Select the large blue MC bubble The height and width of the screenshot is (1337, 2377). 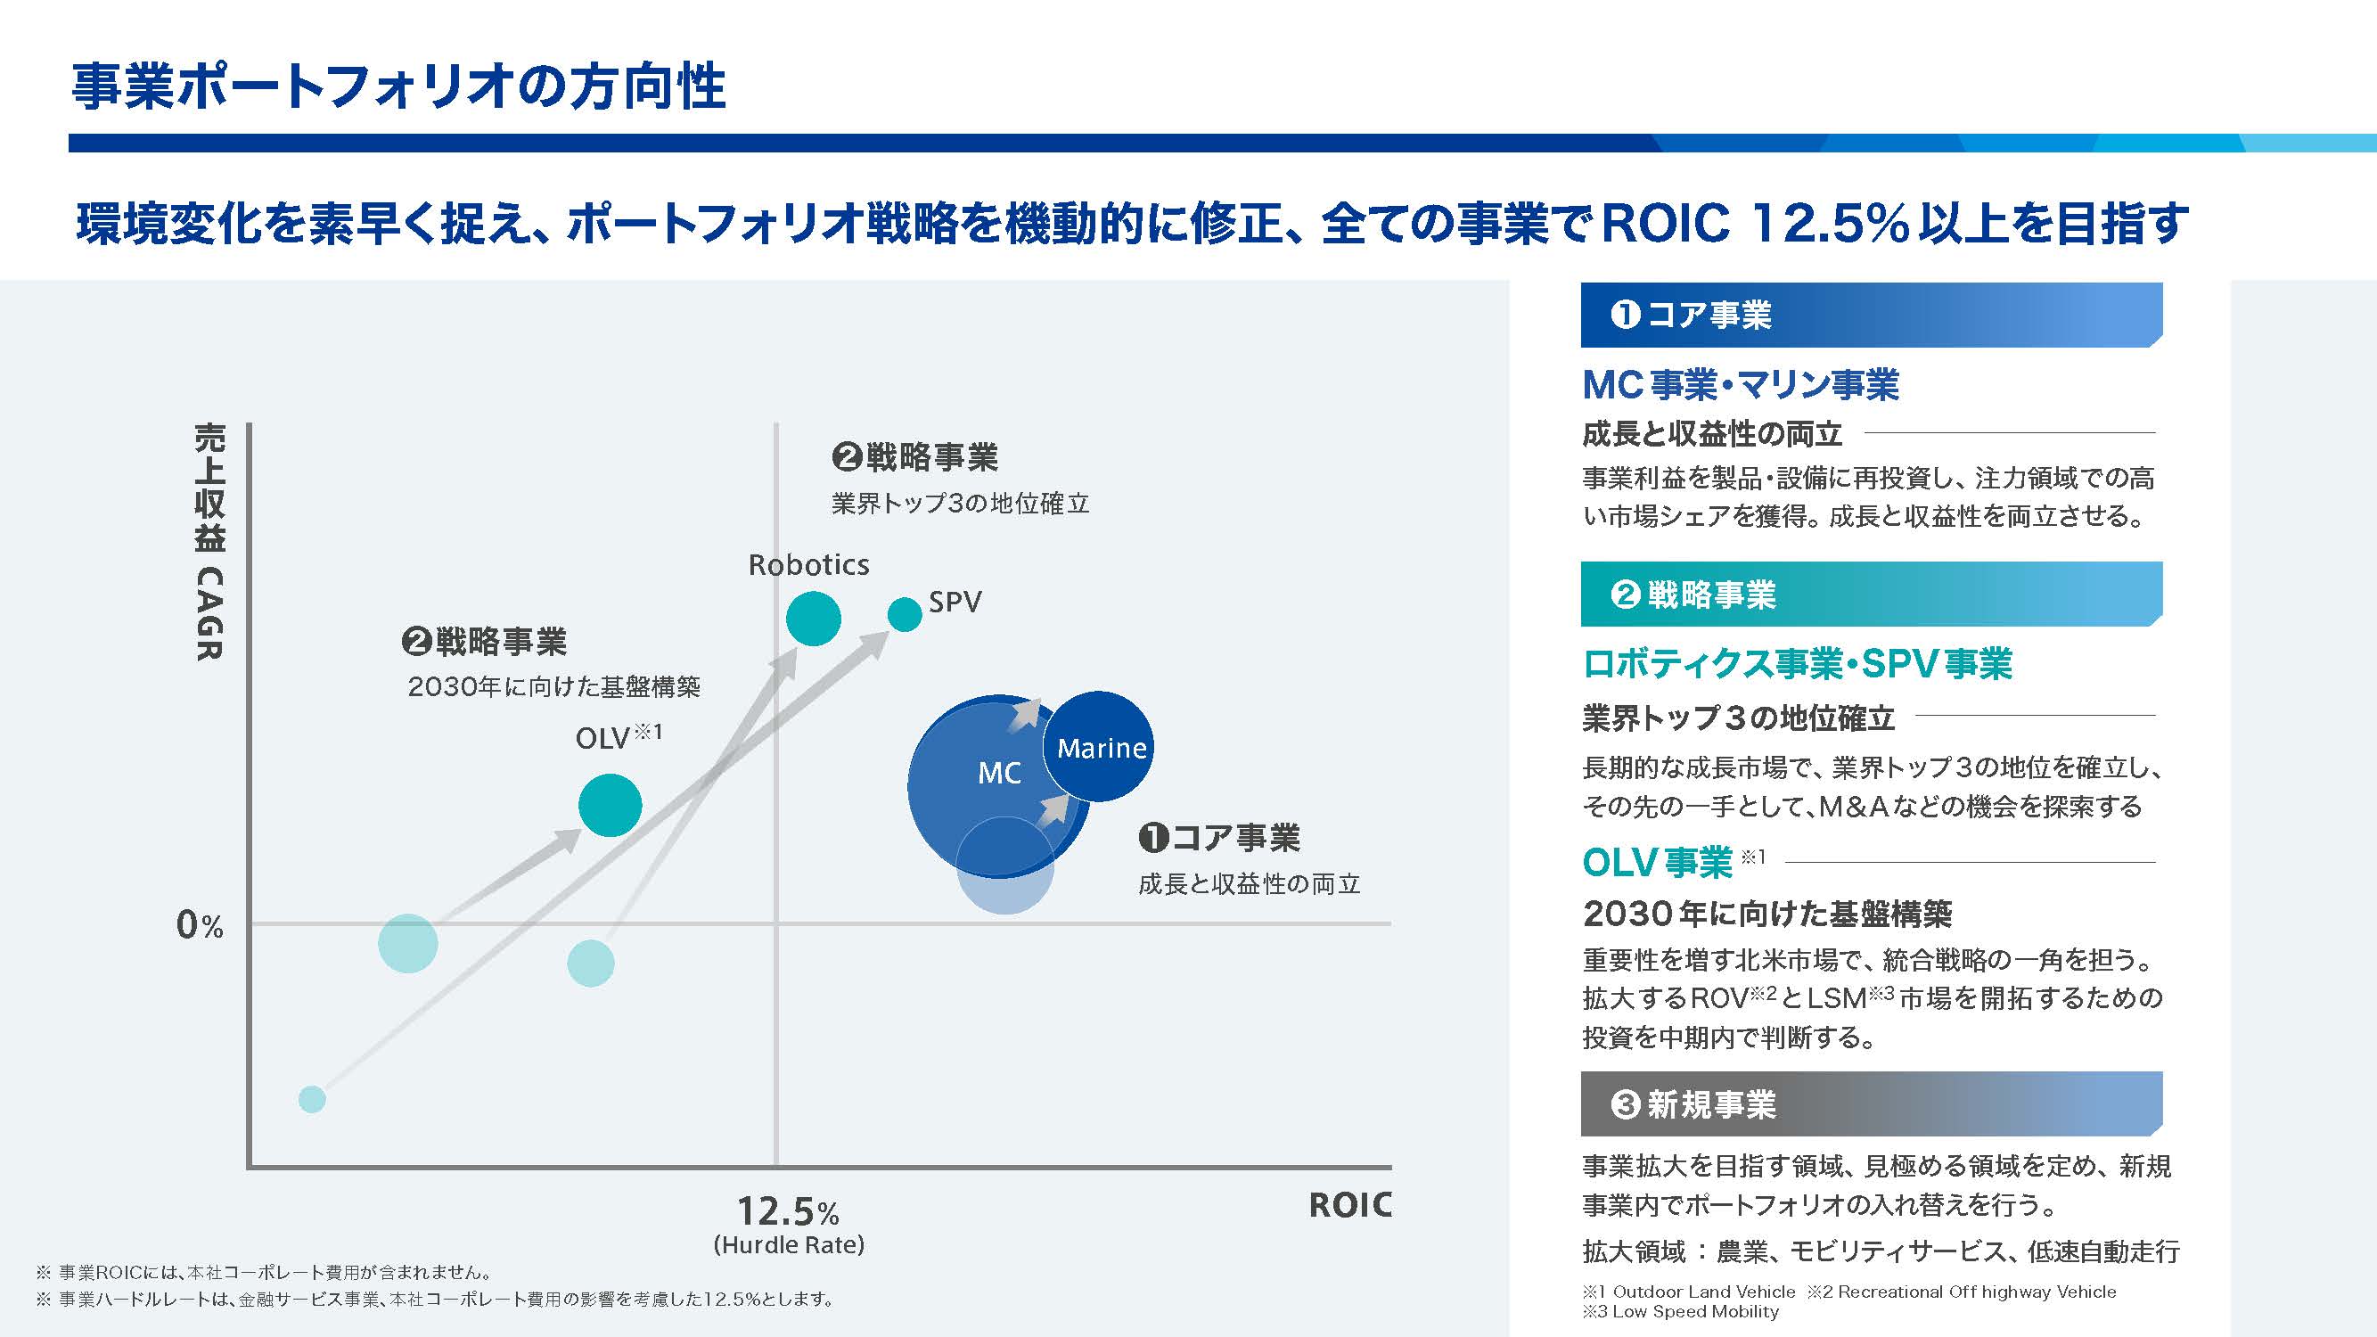click(x=978, y=784)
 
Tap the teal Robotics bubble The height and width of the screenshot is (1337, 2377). click(x=813, y=619)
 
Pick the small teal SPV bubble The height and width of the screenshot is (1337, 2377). click(x=905, y=614)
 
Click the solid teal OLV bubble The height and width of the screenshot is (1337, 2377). click(x=610, y=805)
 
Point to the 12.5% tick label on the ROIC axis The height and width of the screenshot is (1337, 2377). click(x=787, y=1210)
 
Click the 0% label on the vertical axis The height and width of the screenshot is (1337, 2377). click(x=200, y=924)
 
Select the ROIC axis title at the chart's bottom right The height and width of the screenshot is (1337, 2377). click(x=1349, y=1205)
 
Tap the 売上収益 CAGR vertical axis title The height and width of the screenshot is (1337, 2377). click(x=210, y=542)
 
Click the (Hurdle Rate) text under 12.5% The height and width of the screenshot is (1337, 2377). click(x=789, y=1244)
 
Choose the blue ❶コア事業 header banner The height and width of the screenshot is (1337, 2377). click(x=1871, y=316)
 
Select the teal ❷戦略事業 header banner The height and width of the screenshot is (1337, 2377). click(x=1871, y=595)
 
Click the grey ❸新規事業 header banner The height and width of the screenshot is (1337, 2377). click(x=1871, y=1104)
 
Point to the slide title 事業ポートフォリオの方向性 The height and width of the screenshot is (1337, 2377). click(x=398, y=87)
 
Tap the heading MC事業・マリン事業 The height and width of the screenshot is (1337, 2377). click(x=1741, y=385)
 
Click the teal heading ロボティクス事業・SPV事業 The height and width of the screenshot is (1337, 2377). click(x=1797, y=664)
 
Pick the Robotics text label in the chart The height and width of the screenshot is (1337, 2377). click(x=808, y=565)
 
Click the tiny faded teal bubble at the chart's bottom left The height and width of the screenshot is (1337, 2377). click(x=312, y=1099)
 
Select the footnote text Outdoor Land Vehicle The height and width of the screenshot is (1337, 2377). click(x=1703, y=1292)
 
